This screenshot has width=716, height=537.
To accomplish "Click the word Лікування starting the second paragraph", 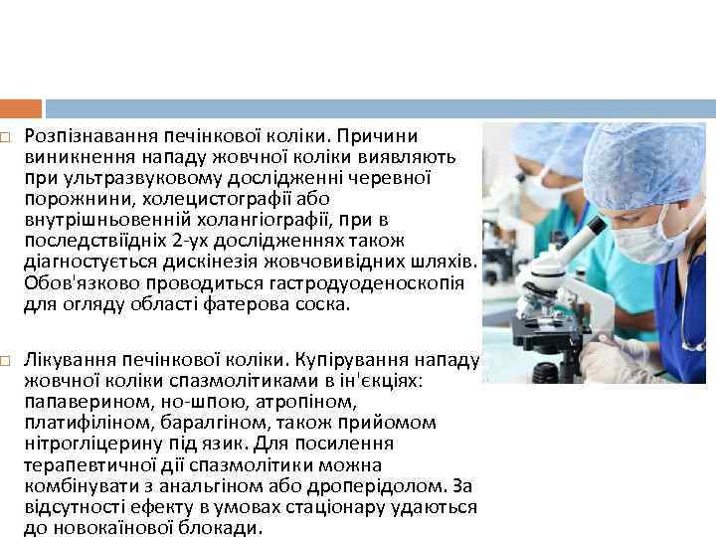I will click(65, 359).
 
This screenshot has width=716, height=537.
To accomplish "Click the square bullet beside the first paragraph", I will click(7, 134).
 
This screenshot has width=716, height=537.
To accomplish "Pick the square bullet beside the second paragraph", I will click(7, 359).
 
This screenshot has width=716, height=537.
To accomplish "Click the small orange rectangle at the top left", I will click(21, 108).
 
